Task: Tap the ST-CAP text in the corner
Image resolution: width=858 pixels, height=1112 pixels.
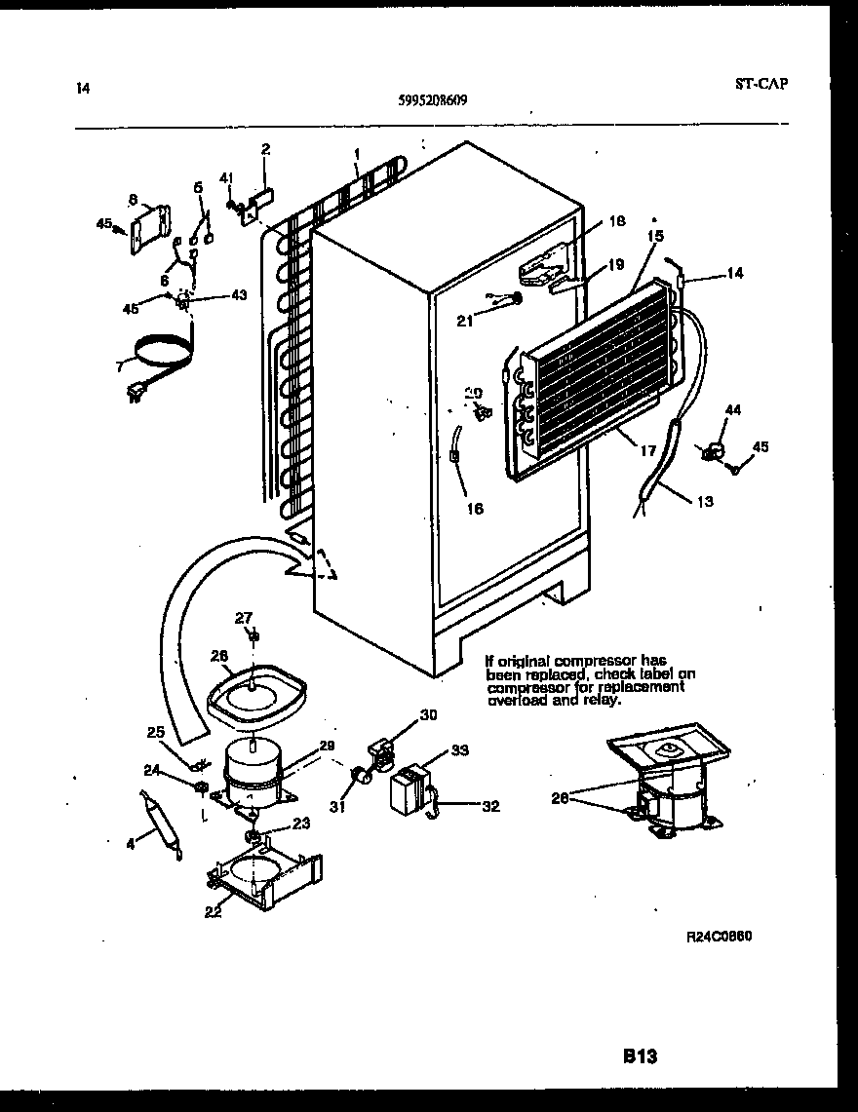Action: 760,83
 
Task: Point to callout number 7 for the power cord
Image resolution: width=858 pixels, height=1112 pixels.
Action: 120,367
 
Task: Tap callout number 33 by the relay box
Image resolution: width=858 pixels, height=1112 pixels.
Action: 459,749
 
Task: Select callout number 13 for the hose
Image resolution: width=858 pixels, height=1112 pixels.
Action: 705,502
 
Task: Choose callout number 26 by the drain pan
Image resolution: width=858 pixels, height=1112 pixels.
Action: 218,656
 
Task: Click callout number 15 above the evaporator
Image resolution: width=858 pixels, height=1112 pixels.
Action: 654,236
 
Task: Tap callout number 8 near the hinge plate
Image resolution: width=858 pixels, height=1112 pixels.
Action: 132,199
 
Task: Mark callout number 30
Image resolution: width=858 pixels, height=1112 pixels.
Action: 428,714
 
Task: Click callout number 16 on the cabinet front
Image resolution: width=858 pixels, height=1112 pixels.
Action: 475,508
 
